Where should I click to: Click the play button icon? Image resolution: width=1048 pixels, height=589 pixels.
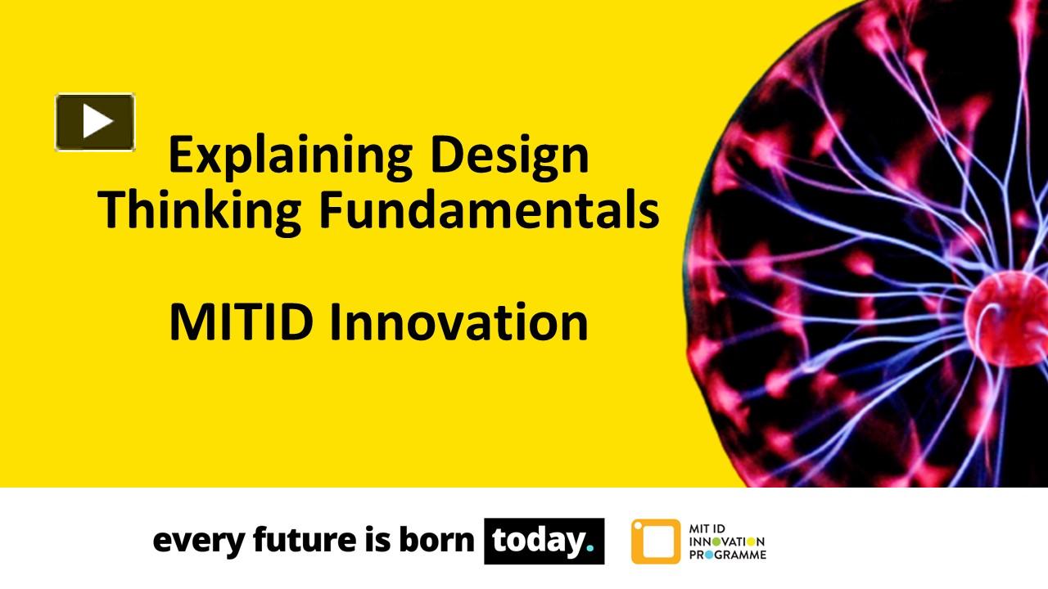tap(95, 122)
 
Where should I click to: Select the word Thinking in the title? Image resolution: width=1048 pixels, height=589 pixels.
tap(201, 209)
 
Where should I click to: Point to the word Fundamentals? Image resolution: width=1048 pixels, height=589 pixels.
tap(489, 209)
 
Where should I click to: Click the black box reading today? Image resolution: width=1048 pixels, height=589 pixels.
tap(544, 541)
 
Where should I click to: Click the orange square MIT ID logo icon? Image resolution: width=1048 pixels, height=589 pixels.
tap(655, 542)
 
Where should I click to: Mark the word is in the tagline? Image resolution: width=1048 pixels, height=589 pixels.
tap(370, 541)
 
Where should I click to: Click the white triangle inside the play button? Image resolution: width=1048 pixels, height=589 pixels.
tap(97, 122)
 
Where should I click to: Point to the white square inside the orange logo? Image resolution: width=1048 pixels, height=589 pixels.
tap(654, 542)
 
